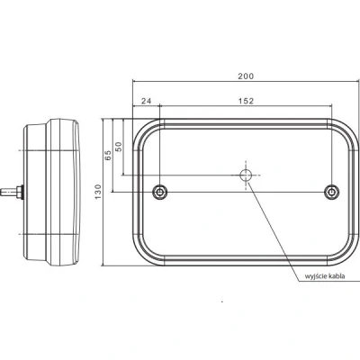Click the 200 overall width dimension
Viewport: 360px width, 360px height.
(246, 76)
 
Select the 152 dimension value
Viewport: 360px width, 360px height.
(246, 101)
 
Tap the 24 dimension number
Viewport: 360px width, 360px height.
(146, 101)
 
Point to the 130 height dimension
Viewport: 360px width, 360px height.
(98, 192)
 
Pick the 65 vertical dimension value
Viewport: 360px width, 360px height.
(108, 155)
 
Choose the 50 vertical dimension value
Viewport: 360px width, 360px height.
(119, 147)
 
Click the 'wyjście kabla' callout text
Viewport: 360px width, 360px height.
(325, 276)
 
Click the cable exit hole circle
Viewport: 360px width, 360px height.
(246, 175)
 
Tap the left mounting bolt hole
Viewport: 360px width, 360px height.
(159, 192)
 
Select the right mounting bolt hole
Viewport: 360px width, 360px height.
(332, 192)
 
